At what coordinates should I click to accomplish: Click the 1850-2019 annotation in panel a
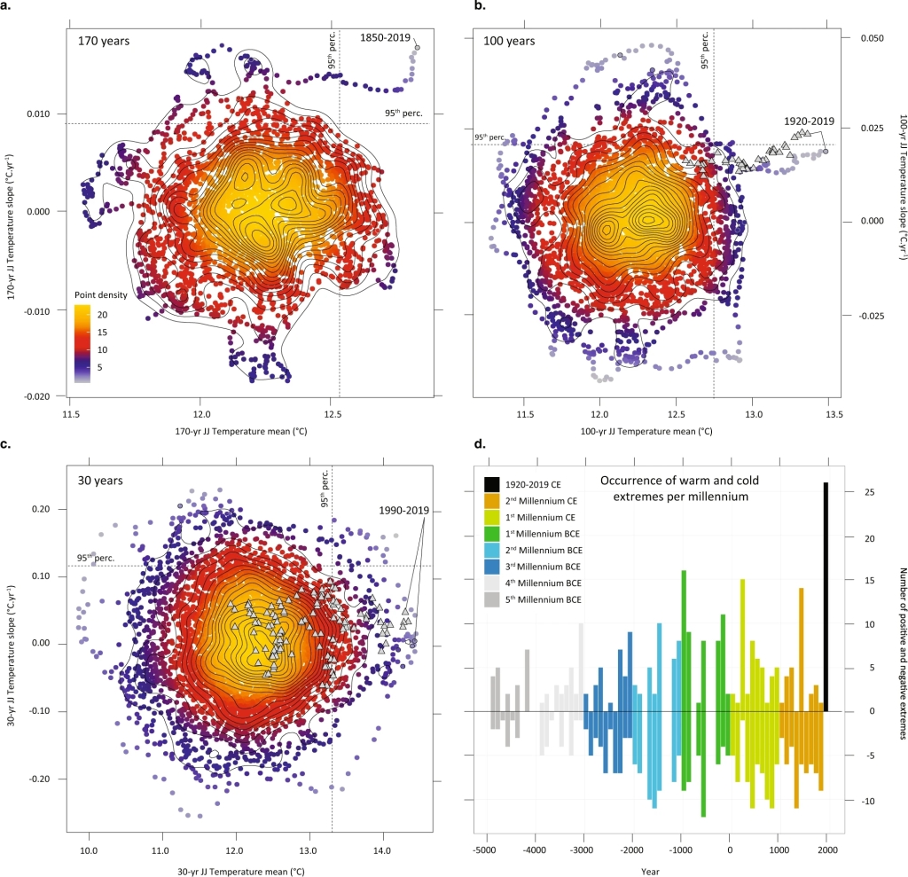point(385,37)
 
